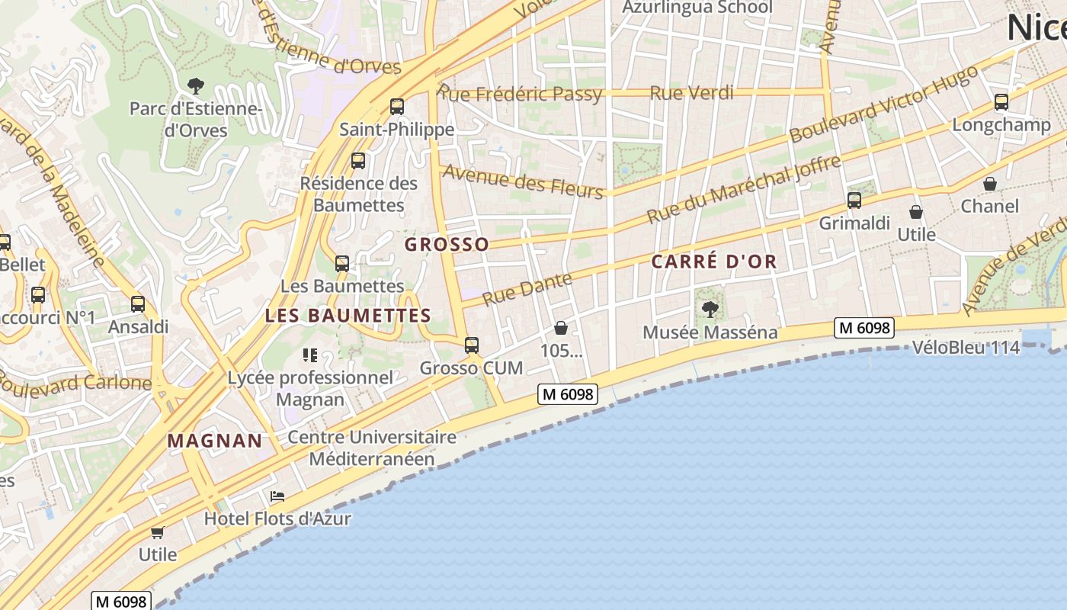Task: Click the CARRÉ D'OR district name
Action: point(714,262)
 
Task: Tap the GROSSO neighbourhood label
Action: point(447,244)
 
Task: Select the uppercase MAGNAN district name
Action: point(215,440)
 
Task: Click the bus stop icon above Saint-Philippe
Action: point(396,107)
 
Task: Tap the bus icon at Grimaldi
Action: point(854,201)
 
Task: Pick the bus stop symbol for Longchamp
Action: point(1001,102)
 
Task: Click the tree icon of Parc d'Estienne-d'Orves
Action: point(196,85)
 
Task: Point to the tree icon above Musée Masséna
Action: point(710,309)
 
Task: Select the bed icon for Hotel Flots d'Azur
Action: point(277,496)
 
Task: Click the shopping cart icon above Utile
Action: point(157,532)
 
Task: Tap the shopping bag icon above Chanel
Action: point(989,184)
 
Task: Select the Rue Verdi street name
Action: point(691,93)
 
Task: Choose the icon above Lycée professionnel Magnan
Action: point(309,355)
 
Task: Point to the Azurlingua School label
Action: point(697,8)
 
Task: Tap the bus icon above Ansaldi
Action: point(138,303)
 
